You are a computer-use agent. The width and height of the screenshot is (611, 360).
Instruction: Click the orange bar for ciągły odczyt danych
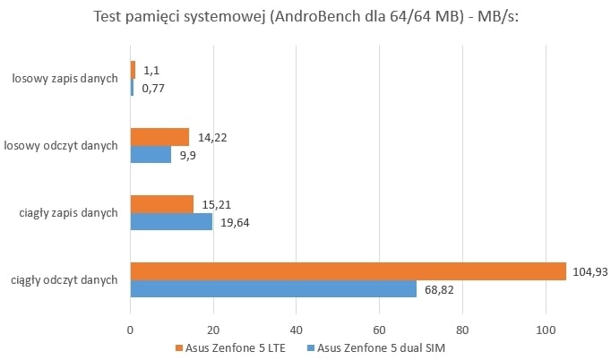(348, 271)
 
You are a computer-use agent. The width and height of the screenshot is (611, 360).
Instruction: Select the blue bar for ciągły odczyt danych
(273, 289)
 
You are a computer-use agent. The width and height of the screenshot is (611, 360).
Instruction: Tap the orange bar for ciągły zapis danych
(162, 204)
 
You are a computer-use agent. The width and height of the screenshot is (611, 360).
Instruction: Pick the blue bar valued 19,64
(171, 221)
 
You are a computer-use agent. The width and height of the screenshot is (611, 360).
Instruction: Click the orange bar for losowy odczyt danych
(159, 137)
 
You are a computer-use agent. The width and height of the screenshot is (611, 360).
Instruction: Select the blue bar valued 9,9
(151, 154)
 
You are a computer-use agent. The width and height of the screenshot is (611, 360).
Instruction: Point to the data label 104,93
(589, 271)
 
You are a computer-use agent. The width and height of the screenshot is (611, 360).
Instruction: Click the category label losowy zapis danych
(65, 79)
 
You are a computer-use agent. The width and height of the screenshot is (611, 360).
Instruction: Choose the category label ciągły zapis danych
(68, 213)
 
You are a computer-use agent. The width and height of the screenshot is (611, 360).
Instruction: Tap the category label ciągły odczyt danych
(65, 280)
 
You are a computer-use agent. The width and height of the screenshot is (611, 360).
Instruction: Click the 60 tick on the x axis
(379, 329)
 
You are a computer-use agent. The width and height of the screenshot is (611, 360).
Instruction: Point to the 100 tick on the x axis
(544, 329)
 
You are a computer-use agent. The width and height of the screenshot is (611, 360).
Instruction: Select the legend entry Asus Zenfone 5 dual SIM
(375, 347)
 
